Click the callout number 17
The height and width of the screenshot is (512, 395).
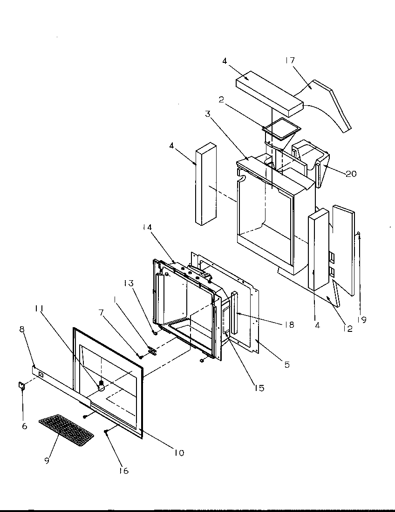291,61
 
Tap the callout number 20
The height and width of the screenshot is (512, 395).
351,174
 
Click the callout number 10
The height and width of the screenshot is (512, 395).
179,452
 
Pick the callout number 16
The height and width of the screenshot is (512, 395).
124,471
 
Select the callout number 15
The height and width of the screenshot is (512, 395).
259,387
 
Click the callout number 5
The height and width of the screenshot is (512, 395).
286,364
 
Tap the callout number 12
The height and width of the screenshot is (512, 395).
347,329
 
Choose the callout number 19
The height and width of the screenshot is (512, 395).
362,319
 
